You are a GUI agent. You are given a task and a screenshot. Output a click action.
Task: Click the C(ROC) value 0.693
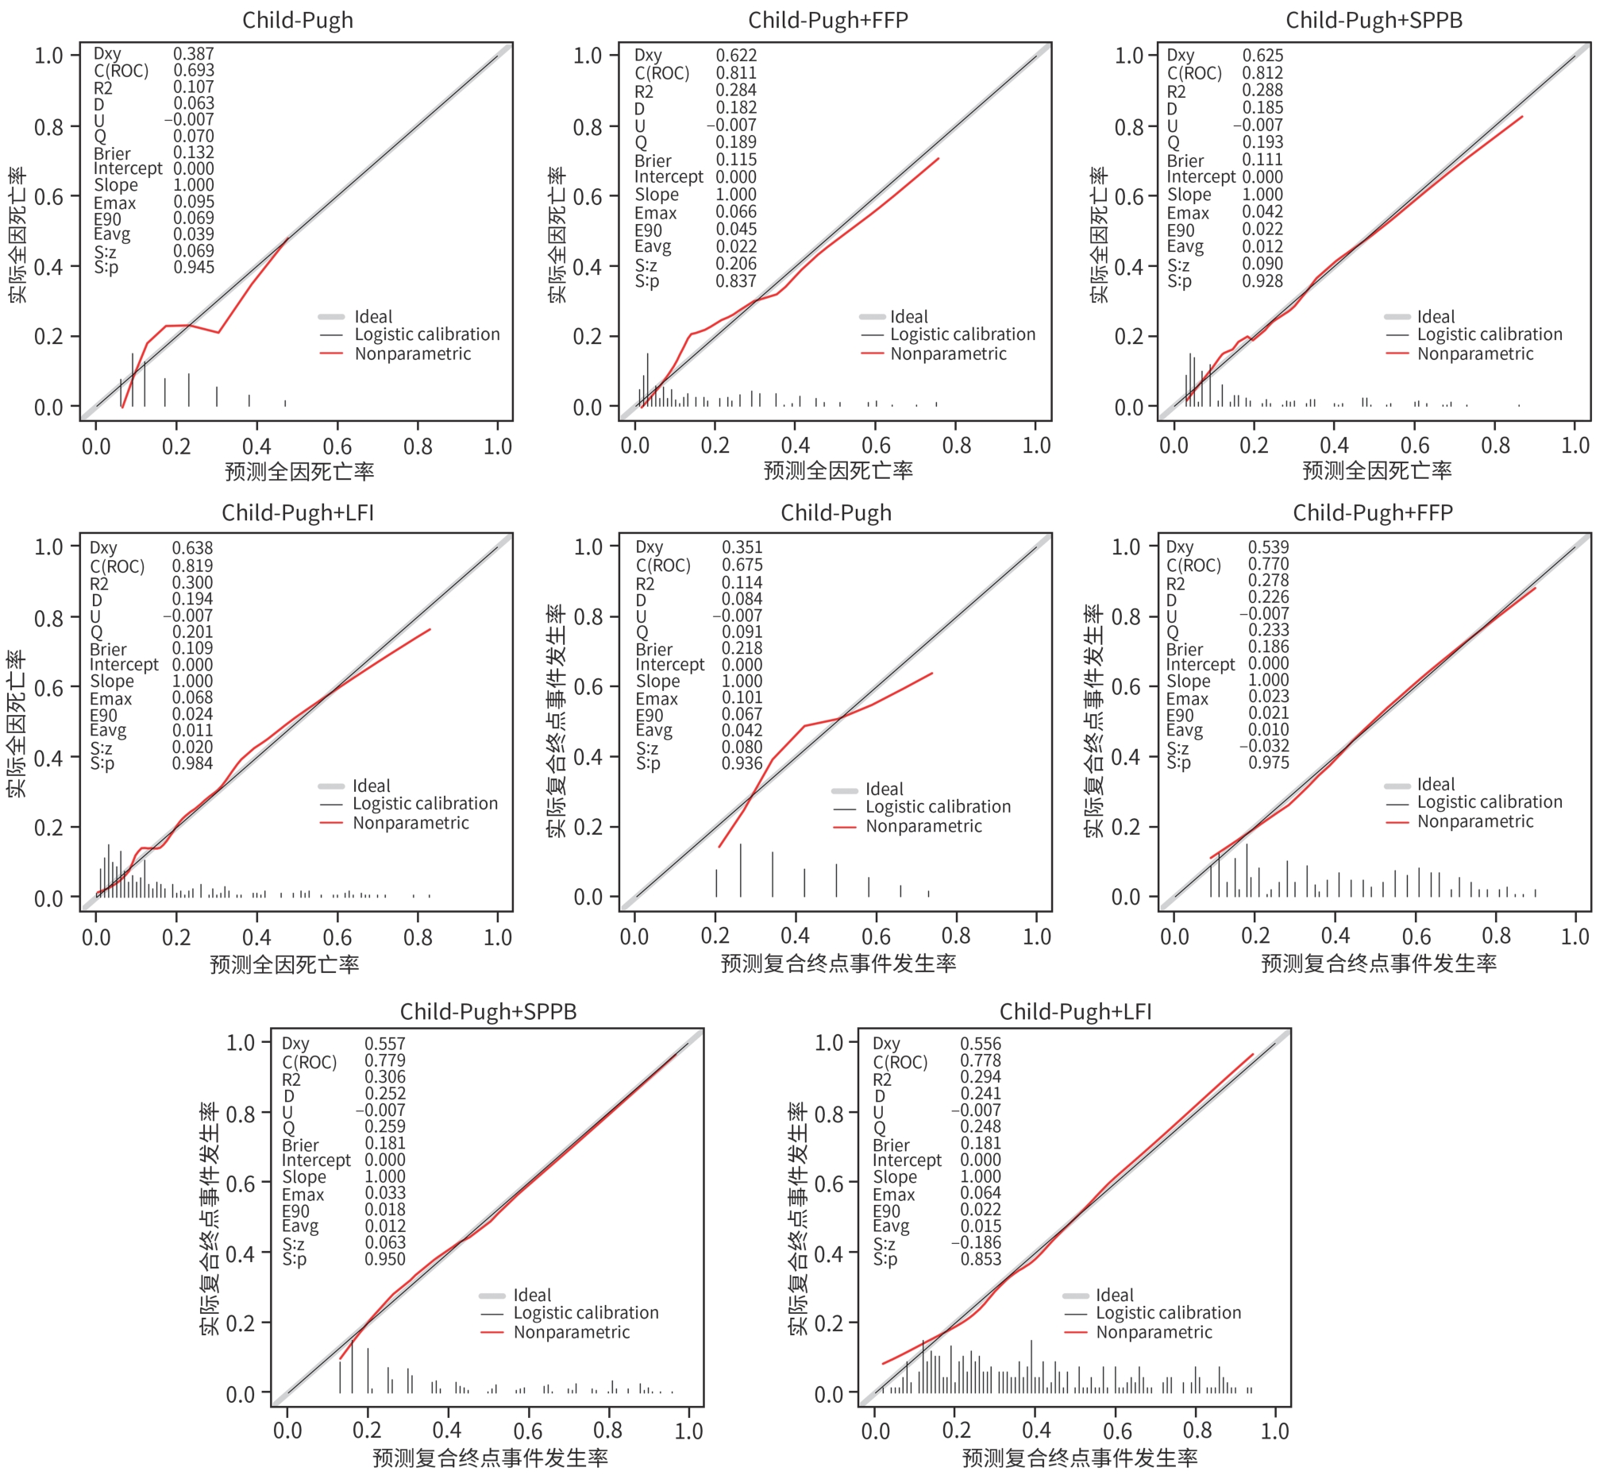(x=194, y=70)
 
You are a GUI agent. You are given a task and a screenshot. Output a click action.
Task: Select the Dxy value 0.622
(x=736, y=55)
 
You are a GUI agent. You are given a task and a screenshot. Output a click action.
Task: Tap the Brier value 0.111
(x=1262, y=160)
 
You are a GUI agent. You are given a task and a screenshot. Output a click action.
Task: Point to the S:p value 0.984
(x=193, y=763)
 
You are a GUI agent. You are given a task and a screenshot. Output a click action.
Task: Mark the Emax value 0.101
(x=742, y=698)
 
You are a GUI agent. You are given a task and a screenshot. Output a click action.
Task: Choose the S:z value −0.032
(x=1263, y=747)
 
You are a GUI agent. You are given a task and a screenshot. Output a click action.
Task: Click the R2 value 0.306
(x=385, y=1077)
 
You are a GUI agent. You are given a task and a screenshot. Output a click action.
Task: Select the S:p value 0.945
(x=194, y=266)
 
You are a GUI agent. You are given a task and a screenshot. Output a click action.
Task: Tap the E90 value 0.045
(x=736, y=230)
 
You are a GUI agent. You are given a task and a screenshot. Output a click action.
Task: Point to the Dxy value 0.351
(x=742, y=547)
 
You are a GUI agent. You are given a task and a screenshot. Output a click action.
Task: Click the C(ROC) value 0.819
(x=193, y=566)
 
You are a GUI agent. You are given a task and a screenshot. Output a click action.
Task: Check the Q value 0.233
(x=1268, y=631)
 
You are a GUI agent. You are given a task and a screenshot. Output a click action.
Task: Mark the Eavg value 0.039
(x=194, y=234)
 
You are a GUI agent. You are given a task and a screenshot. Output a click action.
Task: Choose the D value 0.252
(x=385, y=1094)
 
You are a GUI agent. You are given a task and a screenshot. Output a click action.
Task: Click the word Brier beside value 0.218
(x=654, y=649)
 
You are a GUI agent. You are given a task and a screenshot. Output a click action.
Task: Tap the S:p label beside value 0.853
(x=885, y=1259)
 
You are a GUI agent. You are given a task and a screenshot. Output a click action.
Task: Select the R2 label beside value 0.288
(x=1175, y=91)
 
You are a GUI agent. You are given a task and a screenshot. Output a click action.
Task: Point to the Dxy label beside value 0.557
(x=295, y=1043)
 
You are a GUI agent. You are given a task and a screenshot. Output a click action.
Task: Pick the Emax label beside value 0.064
(x=894, y=1194)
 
